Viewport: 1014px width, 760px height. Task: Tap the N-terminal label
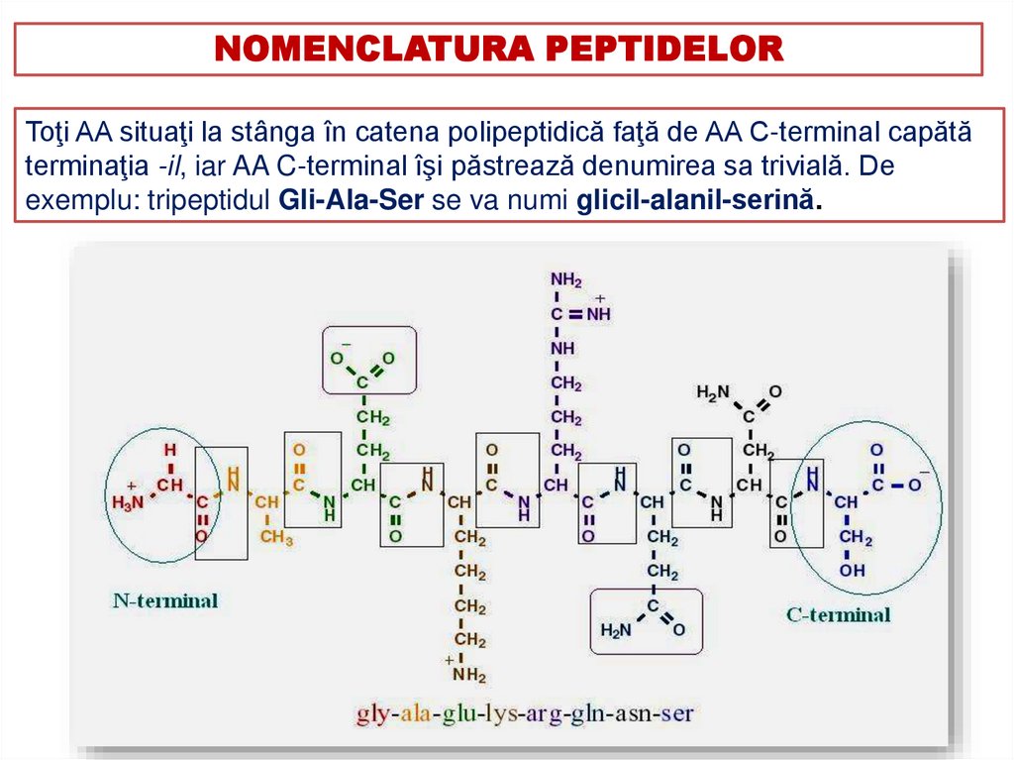click(x=165, y=600)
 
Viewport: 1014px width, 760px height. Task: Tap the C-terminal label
click(x=838, y=614)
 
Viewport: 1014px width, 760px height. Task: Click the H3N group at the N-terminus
click(x=128, y=502)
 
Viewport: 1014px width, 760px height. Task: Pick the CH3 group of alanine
click(x=276, y=538)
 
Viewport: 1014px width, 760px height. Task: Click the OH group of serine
click(x=852, y=571)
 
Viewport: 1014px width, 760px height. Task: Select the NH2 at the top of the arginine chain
click(x=566, y=280)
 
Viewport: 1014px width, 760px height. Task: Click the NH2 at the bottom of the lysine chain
click(x=469, y=676)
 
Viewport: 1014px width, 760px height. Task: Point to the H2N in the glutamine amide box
click(x=615, y=630)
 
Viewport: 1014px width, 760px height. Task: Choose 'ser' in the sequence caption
click(x=677, y=712)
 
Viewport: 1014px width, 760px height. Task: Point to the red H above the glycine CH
click(x=170, y=450)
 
